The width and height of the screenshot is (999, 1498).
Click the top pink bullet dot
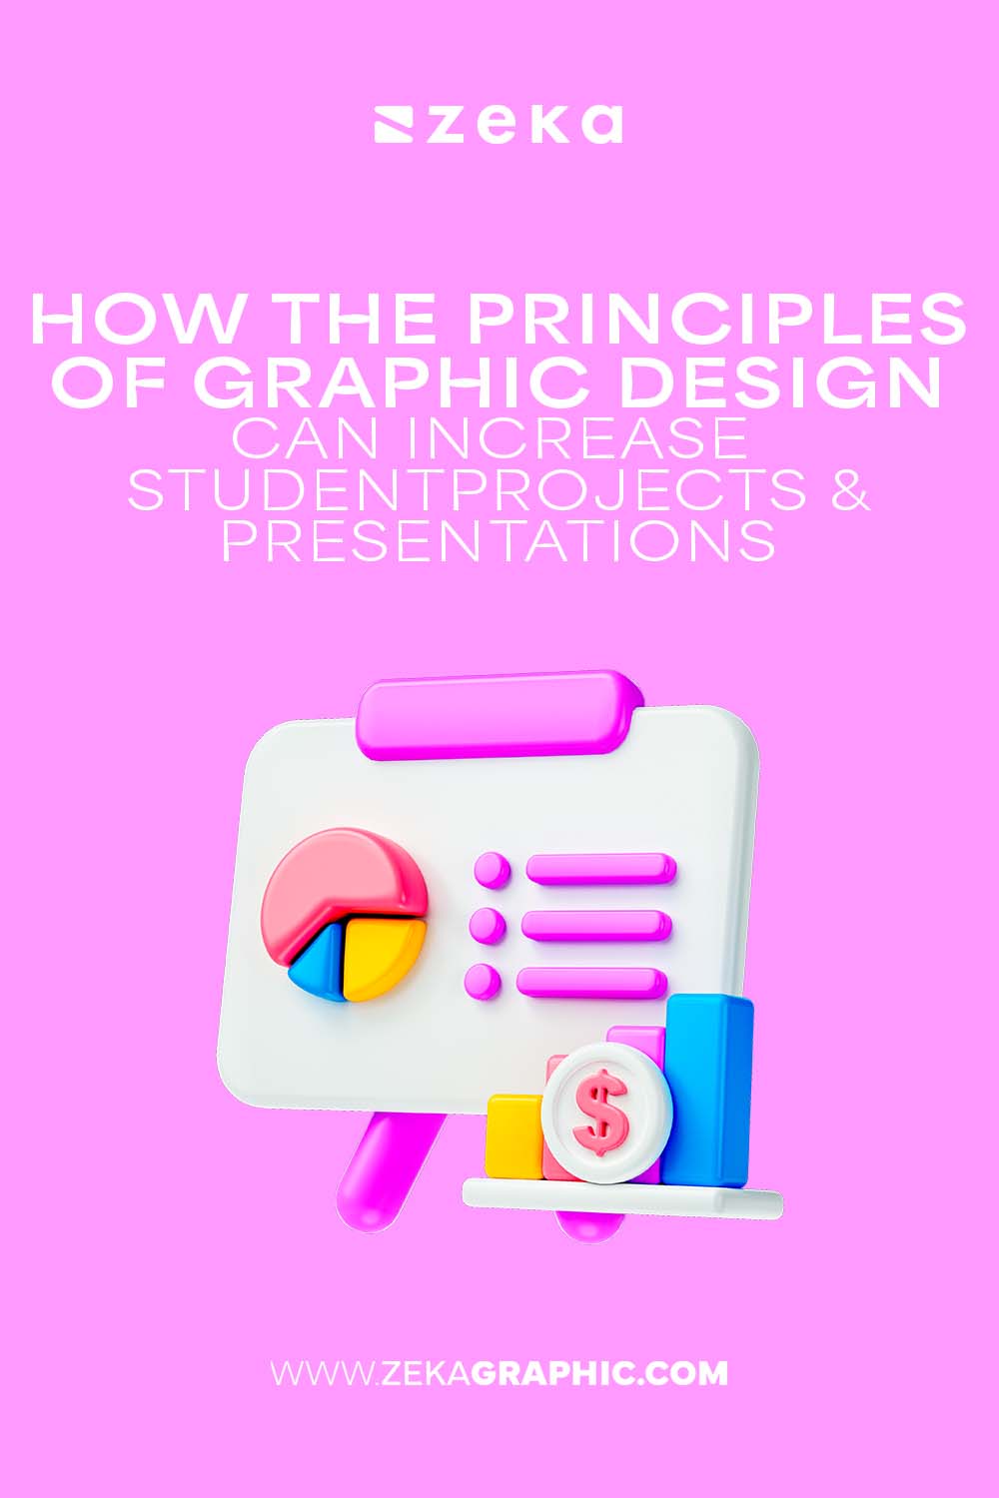coord(491,870)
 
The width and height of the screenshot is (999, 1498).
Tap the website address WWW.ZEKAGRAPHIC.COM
coord(499,1372)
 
